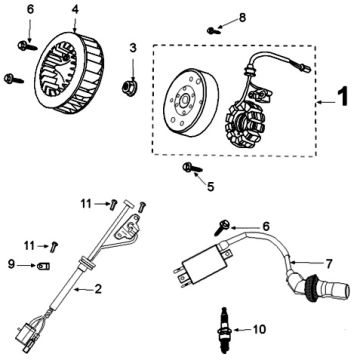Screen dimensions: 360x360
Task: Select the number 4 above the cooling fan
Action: click(x=75, y=9)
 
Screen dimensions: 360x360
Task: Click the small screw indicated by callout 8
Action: click(x=212, y=31)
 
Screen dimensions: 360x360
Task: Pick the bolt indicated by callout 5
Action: click(x=192, y=168)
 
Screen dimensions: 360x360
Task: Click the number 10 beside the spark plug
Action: click(x=259, y=329)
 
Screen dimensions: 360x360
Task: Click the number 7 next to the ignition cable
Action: click(x=329, y=264)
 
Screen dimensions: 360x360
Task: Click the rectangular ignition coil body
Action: click(x=202, y=265)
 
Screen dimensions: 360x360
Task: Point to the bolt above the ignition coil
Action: click(x=222, y=227)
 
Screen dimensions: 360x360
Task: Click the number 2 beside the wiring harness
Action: click(x=98, y=289)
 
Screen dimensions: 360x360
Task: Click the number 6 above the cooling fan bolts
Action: click(x=30, y=9)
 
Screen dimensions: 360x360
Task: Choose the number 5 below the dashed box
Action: click(x=210, y=187)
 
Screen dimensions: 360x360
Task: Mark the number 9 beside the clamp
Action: click(x=12, y=266)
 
